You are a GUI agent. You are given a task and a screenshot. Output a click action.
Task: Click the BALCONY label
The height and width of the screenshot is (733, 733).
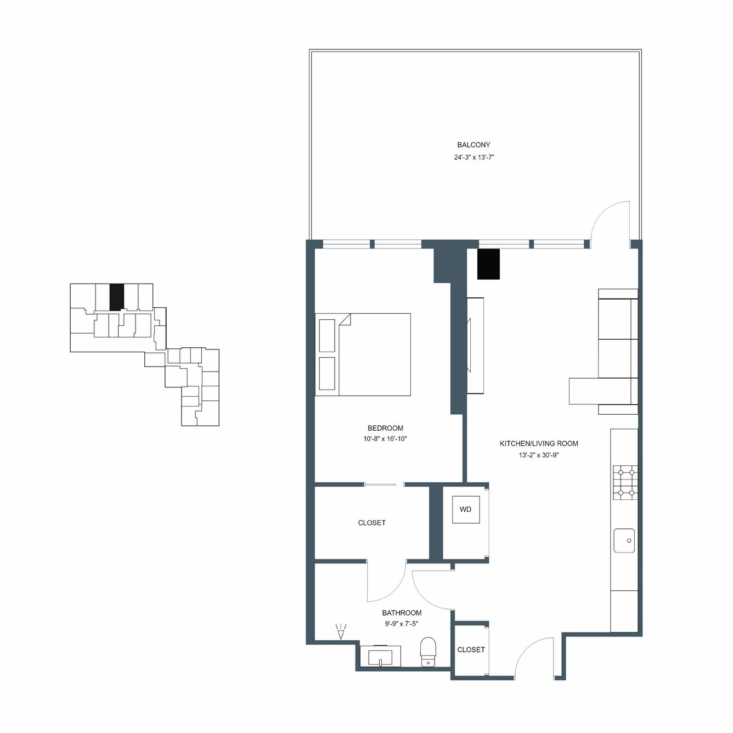[x=473, y=145]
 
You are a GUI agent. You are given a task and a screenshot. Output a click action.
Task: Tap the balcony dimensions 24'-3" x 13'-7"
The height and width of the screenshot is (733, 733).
[x=473, y=157]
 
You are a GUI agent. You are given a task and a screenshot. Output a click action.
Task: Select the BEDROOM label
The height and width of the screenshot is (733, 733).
[x=385, y=428]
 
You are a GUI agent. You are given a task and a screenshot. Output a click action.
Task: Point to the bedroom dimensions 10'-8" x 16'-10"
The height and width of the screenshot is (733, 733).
[x=385, y=439]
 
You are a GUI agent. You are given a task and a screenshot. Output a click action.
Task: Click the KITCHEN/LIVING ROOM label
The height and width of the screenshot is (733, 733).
[x=539, y=443]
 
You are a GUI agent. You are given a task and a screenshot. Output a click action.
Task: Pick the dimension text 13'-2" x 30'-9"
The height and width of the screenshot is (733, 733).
[x=539, y=455]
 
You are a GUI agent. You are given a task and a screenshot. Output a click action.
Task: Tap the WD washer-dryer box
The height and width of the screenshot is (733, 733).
[x=466, y=509]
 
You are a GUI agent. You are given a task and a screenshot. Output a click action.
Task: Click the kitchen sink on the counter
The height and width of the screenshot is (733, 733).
[x=624, y=540]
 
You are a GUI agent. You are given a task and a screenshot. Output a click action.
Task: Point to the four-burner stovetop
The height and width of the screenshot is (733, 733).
[x=625, y=483]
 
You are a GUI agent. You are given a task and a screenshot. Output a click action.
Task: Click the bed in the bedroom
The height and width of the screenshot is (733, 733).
[x=363, y=354]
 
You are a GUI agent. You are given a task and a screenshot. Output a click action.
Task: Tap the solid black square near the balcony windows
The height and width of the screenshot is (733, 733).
[x=488, y=264]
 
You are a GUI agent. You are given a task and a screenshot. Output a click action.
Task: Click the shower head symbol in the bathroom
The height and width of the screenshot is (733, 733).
[x=341, y=631]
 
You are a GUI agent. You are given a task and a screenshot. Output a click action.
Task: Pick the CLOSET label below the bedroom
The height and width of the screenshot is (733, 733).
[x=371, y=523]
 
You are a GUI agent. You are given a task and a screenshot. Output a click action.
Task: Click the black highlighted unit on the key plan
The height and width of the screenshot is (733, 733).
[x=116, y=297]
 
